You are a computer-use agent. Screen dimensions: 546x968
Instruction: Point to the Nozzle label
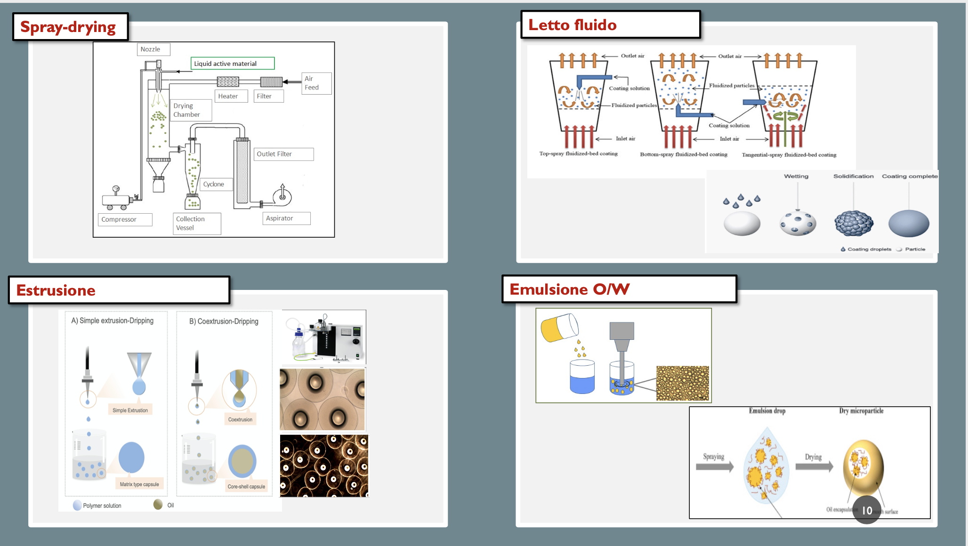[151, 49]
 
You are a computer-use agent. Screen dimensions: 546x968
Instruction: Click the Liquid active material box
[233, 64]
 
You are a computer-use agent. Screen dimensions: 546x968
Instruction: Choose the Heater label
[228, 96]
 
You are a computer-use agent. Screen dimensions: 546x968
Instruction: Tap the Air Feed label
[312, 83]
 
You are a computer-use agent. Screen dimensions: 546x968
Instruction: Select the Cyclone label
[214, 184]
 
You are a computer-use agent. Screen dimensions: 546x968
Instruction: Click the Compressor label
[119, 219]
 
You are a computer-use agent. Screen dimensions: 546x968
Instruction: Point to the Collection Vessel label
[191, 223]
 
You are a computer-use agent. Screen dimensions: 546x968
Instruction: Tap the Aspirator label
[280, 218]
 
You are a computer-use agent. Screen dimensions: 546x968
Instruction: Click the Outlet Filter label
[274, 154]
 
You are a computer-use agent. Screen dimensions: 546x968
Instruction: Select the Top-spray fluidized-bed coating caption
[578, 153]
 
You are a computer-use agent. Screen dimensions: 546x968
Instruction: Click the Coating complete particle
[909, 223]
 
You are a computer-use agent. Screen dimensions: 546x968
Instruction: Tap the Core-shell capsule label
[246, 487]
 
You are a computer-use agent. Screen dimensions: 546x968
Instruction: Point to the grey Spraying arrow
[715, 466]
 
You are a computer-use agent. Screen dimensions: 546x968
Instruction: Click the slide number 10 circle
[867, 510]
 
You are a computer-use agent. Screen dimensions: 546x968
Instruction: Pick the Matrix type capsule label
[139, 484]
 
